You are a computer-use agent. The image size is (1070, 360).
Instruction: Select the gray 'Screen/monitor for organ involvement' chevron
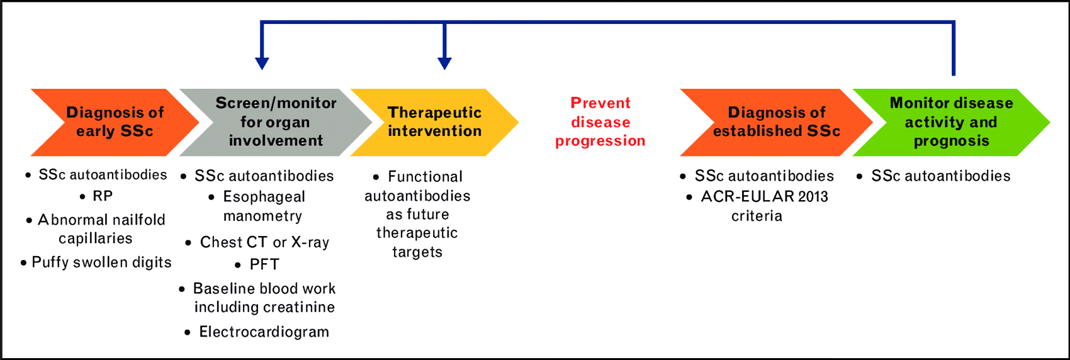(276, 122)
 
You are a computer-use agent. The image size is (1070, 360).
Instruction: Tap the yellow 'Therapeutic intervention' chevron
(434, 122)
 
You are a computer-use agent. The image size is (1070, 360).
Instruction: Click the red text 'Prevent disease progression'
(600, 122)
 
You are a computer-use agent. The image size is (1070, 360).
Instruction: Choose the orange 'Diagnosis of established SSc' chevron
(776, 122)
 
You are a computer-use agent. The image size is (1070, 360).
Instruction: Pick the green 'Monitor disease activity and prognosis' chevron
(950, 122)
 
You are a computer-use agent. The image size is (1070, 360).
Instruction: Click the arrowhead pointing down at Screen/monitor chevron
(262, 63)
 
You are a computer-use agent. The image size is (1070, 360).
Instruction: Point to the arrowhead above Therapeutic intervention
(444, 63)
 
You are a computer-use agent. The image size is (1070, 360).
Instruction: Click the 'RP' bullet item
(103, 196)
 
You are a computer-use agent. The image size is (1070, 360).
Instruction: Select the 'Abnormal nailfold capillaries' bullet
(101, 229)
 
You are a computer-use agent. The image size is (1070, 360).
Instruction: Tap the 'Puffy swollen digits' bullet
(101, 262)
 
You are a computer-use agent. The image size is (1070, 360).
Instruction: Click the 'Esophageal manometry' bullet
(263, 206)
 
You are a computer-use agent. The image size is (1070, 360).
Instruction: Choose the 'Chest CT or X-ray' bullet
(264, 242)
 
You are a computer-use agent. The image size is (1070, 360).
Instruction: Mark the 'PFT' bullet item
(264, 265)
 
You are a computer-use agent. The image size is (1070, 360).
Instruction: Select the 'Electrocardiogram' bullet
(264, 332)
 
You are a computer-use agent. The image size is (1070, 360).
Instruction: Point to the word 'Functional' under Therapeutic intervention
(425, 177)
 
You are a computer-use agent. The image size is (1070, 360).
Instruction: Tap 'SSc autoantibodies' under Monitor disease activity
(940, 176)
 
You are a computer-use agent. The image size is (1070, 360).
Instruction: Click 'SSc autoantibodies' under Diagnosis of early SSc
(103, 175)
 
